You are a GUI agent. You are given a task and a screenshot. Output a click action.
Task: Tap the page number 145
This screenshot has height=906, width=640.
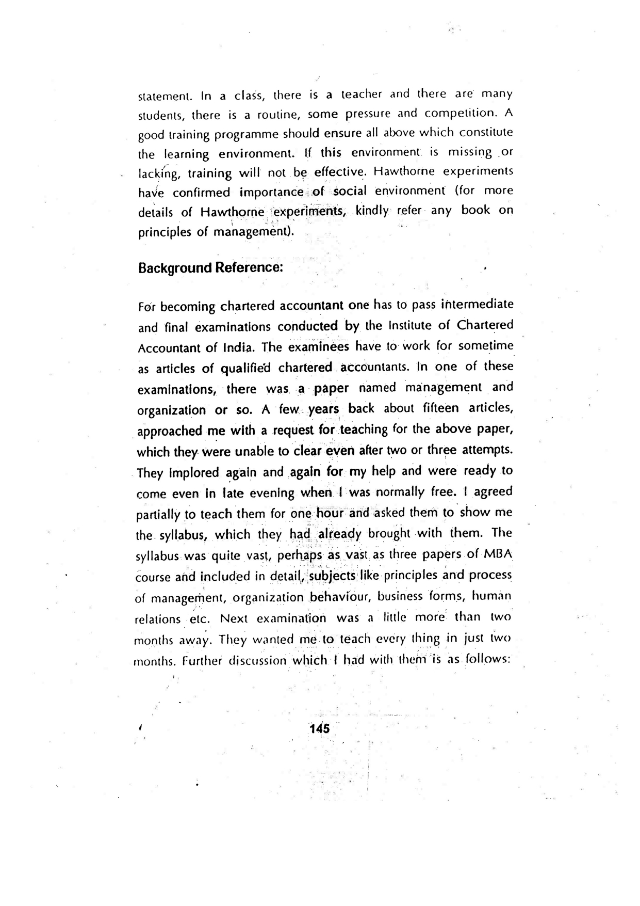tap(319, 729)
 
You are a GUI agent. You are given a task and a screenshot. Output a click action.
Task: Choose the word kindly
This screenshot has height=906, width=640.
tap(372, 211)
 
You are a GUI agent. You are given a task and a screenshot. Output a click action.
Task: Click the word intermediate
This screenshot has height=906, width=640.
tap(470, 305)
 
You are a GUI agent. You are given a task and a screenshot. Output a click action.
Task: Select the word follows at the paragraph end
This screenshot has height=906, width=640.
tap(487, 660)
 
